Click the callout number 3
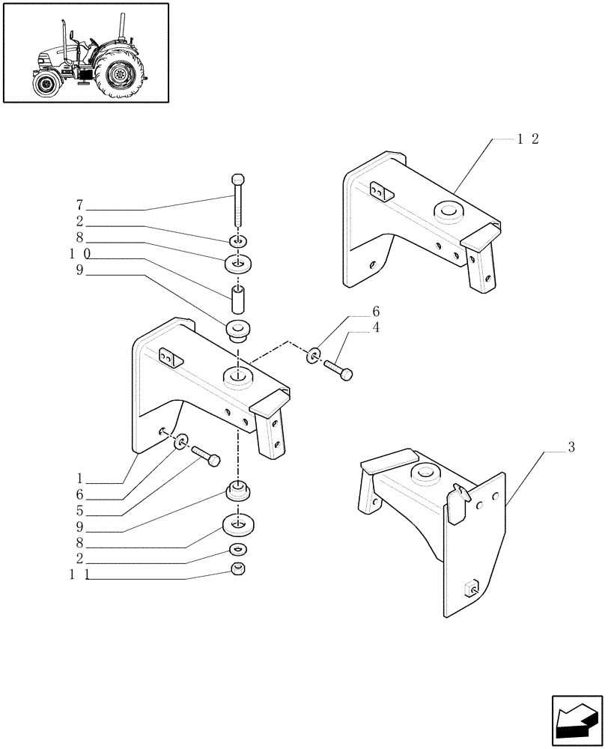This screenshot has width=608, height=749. point(571,448)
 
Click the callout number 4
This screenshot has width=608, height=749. point(376,327)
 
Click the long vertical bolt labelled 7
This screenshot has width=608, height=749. point(237,200)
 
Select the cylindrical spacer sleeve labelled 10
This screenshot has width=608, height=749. point(237,298)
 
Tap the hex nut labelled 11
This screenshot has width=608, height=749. point(237,570)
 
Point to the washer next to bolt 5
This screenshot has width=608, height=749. point(180,444)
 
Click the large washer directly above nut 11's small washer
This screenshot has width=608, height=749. point(237,524)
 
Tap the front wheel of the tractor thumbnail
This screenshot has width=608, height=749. point(46,84)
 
